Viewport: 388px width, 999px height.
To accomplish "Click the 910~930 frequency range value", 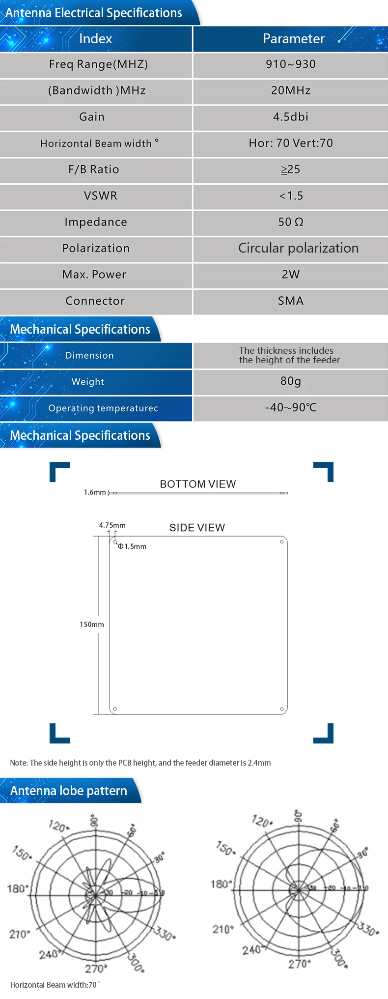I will pos(291,64).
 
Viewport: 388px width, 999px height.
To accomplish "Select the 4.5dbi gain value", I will pos(291,117).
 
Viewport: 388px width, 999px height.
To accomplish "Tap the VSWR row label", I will pos(101,196).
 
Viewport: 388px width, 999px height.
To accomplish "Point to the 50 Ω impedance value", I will pos(291,222).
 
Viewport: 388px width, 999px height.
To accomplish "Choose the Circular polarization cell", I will pos(298,248).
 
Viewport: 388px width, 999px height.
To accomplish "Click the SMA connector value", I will pos(291,301).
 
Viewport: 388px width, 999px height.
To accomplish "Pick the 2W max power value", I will pos(291,275).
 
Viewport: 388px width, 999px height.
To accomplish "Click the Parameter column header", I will pos(294,39).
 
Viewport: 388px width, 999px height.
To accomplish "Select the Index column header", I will pos(95,39).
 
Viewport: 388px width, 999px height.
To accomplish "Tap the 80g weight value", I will pos(291,381).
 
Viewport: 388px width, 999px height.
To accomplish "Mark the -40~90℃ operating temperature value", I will pos(291,408).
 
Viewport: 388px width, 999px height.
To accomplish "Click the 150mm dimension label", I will pos(92,625).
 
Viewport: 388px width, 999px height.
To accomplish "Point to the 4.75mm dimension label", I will pos(112,525).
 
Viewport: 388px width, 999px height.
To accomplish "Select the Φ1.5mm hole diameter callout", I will pos(132,546).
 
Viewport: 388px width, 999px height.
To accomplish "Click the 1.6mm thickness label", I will pos(95,492).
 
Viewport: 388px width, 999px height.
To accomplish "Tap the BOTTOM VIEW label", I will pos(198,484).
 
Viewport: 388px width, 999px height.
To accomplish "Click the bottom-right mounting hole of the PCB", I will pos(282,709).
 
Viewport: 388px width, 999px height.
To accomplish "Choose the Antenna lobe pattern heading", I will pos(69,791).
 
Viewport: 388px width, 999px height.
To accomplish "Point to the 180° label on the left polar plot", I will pos(17,888).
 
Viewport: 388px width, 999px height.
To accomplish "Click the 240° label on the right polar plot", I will pos(251,949).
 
